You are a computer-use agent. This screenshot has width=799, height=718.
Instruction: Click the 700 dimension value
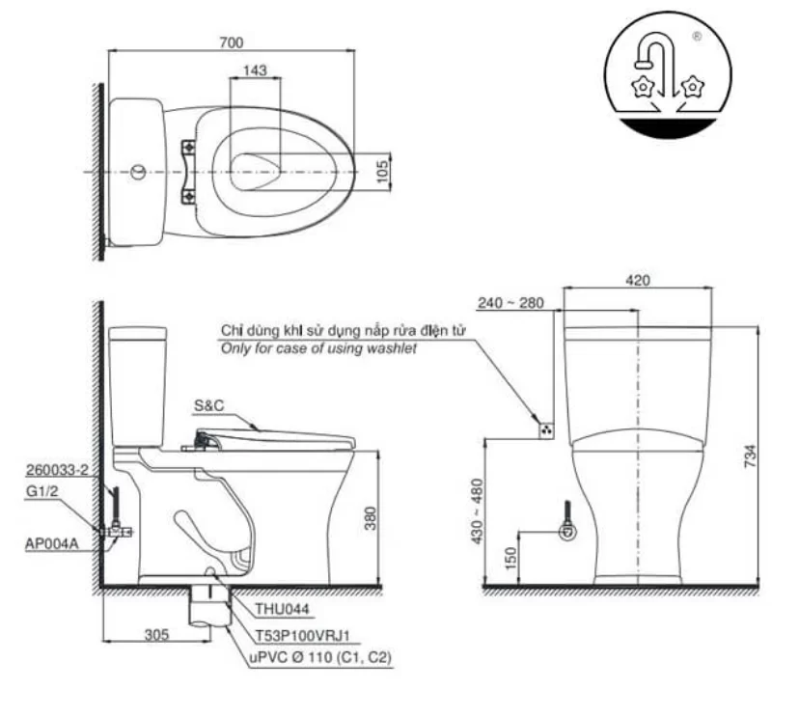[x=232, y=41]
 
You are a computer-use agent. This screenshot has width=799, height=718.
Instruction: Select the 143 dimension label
[x=256, y=70]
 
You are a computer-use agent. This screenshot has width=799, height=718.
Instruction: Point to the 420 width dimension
[x=637, y=280]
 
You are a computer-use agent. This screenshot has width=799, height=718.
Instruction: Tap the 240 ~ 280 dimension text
[x=511, y=303]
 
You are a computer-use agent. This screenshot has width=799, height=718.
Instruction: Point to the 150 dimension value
[x=510, y=559]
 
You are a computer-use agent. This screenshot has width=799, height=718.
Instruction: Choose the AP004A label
[x=52, y=543]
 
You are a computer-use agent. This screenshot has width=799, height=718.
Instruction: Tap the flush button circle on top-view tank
[x=139, y=173]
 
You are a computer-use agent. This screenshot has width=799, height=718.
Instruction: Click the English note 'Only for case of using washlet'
[x=318, y=348]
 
